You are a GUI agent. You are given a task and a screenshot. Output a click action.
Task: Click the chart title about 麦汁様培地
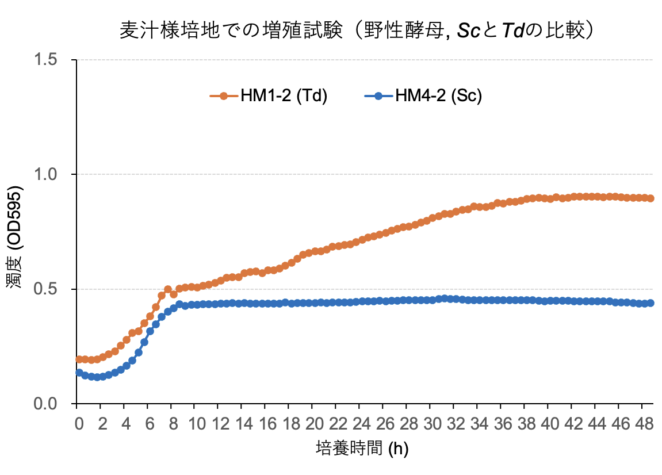click(x=356, y=30)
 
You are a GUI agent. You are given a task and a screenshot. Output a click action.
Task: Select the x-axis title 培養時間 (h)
click(x=362, y=448)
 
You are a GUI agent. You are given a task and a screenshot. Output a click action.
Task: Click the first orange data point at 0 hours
click(x=79, y=359)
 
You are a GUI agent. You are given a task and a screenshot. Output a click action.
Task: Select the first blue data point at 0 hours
click(x=79, y=373)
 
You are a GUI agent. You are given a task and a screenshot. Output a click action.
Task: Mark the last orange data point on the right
click(x=650, y=198)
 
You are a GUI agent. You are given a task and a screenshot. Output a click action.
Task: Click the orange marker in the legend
click(x=224, y=96)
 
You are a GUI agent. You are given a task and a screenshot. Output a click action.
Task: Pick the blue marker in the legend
click(x=378, y=96)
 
